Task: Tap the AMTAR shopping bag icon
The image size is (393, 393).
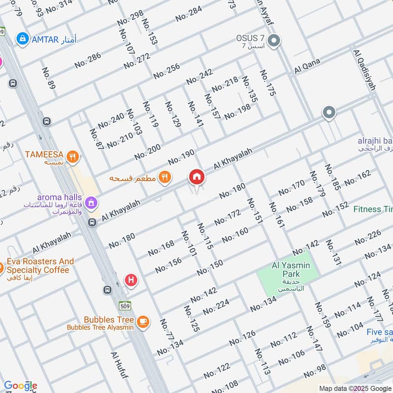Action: (22, 38)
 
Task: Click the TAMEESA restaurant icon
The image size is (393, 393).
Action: (73, 157)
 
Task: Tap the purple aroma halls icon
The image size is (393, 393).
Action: (90, 202)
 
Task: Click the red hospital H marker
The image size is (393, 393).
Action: (131, 280)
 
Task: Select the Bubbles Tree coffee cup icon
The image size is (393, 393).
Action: (143, 322)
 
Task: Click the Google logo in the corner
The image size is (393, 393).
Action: (20, 386)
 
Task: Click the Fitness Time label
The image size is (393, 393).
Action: (373, 209)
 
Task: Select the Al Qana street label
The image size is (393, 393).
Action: (307, 67)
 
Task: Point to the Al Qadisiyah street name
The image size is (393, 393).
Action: (364, 70)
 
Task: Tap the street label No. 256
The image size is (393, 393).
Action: (167, 71)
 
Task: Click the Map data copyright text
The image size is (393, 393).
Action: (355, 388)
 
